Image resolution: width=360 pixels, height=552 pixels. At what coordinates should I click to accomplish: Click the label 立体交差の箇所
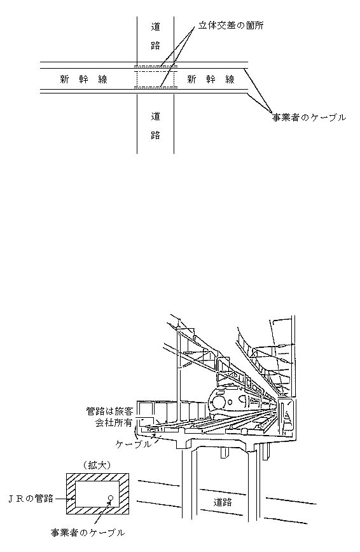click(230, 26)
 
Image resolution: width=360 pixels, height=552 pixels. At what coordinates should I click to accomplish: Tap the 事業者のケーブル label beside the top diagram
click(309, 118)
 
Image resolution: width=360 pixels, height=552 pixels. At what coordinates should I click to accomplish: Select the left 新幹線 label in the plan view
click(83, 79)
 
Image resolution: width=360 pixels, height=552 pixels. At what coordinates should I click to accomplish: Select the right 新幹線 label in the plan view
click(211, 79)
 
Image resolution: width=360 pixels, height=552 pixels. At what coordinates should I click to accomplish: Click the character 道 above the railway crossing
click(155, 27)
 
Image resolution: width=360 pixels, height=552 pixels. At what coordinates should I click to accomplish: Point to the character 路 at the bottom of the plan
click(155, 135)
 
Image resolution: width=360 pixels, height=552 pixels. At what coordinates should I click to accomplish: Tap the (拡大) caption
click(97, 466)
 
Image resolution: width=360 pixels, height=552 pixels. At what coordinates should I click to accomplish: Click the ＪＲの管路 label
click(31, 499)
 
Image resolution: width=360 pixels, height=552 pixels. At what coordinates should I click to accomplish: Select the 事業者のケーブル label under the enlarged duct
click(87, 533)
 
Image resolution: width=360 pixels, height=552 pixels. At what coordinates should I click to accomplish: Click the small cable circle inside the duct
click(110, 498)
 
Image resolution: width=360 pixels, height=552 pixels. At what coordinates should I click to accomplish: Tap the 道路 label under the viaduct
click(223, 502)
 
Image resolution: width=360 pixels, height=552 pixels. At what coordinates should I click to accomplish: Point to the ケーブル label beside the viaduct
click(134, 445)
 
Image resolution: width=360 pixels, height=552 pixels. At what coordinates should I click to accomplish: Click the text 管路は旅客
click(110, 411)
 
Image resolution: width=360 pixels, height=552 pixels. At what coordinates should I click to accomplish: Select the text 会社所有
click(113, 423)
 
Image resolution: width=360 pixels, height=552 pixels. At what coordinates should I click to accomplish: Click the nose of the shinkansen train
click(219, 403)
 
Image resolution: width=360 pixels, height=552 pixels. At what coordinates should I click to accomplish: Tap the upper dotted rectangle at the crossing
click(155, 66)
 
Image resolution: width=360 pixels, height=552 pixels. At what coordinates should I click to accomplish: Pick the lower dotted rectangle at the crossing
click(155, 86)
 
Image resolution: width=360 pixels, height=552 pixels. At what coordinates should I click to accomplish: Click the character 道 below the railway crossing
click(155, 116)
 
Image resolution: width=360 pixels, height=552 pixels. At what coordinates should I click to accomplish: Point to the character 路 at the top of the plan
click(155, 45)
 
